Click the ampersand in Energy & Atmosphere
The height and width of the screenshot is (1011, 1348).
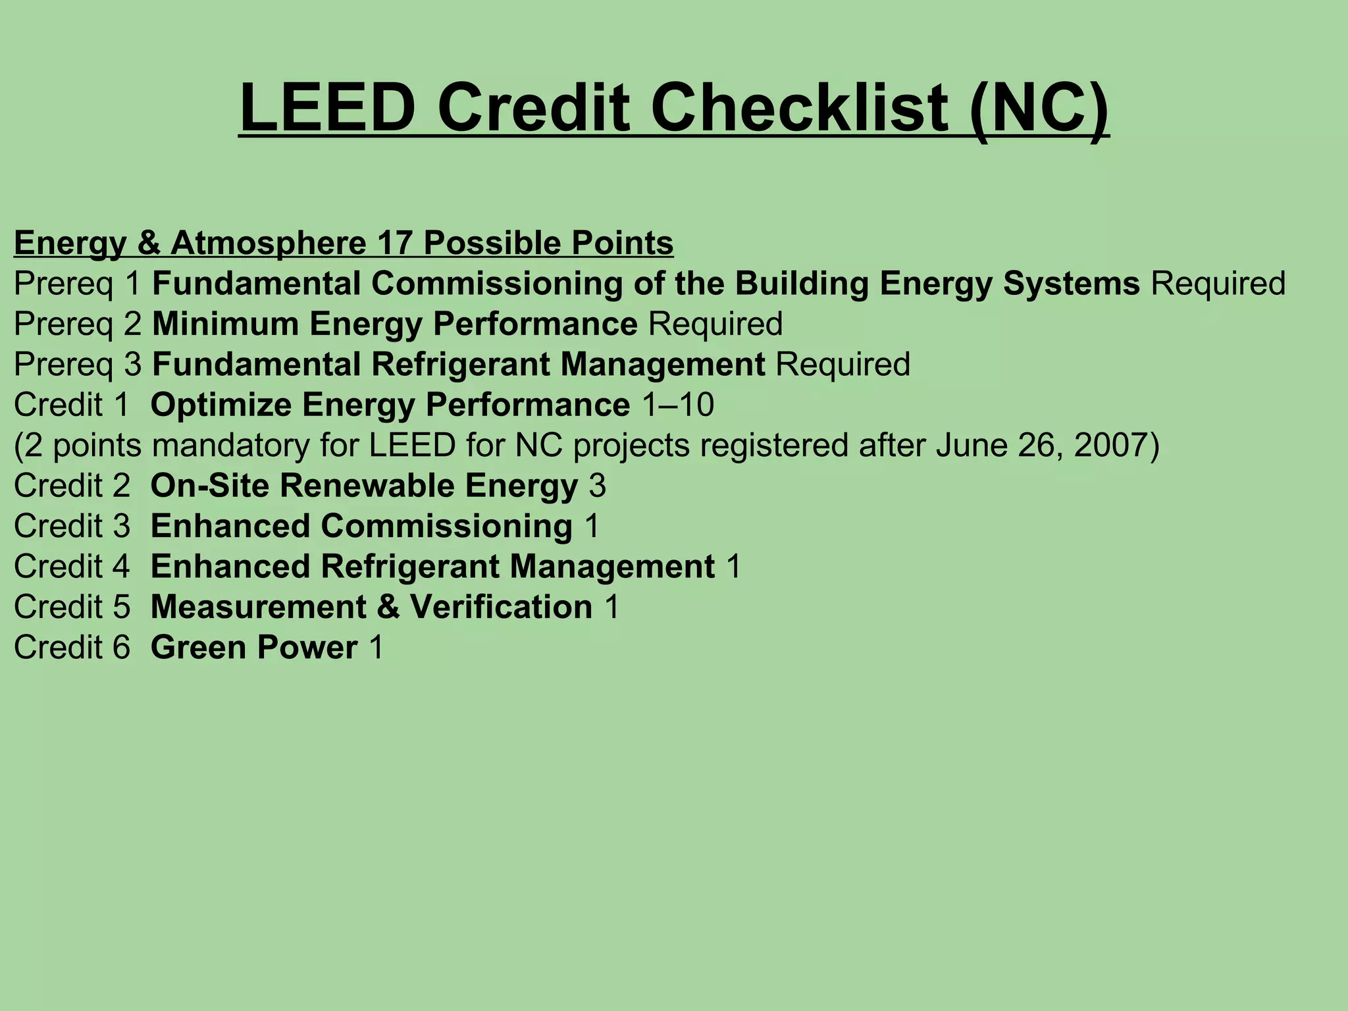(x=148, y=243)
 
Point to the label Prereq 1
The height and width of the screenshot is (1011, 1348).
(x=78, y=284)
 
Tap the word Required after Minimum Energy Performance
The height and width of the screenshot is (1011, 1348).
(x=715, y=324)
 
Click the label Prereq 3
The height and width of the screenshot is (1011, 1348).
(x=78, y=365)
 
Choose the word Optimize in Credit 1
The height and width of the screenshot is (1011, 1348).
(x=220, y=405)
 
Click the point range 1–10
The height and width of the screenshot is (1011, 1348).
(x=677, y=405)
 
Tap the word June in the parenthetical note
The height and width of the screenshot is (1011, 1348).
(x=971, y=446)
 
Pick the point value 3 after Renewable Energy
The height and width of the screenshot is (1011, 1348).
(x=597, y=486)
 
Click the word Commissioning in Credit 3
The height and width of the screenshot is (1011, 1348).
(x=446, y=527)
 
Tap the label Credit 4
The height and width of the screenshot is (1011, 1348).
(x=72, y=567)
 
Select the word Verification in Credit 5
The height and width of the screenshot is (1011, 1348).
(x=501, y=607)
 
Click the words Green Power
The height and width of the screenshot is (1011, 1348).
(x=254, y=648)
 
